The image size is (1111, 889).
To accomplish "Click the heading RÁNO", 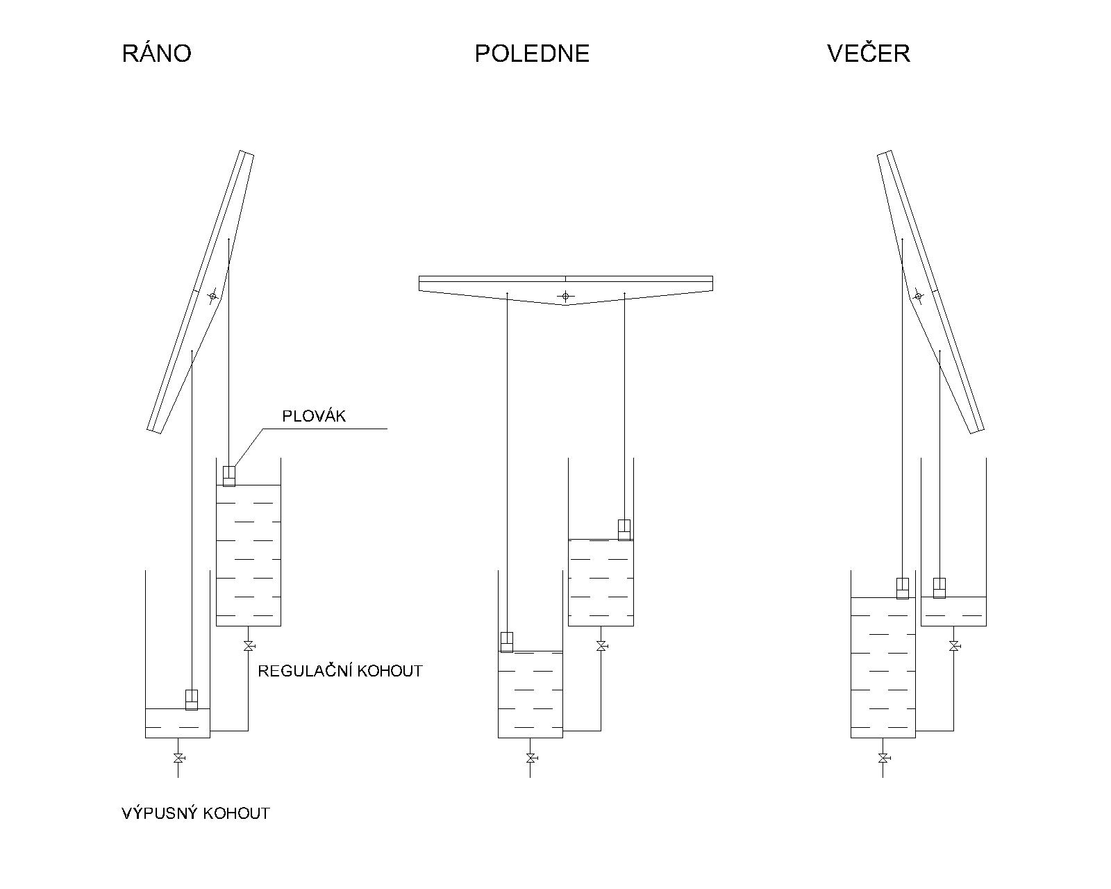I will click(156, 53).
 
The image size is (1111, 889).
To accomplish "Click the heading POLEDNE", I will click(532, 53).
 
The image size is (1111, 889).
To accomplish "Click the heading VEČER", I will click(868, 53).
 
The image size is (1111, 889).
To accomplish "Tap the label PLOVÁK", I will click(313, 416).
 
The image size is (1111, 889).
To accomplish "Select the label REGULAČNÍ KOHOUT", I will click(340, 671).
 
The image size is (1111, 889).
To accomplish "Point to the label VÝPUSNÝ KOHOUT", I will click(195, 813).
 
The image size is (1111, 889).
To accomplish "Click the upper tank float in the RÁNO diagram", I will click(229, 476).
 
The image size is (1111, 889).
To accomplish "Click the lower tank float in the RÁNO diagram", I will click(192, 699).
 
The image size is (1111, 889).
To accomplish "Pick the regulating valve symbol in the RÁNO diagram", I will click(248, 646).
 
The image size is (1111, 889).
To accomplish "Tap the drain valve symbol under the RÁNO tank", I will click(178, 757).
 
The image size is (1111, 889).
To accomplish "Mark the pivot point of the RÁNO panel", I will click(212, 296).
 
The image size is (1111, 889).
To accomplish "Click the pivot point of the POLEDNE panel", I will click(565, 297).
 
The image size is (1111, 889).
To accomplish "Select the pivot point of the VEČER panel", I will click(918, 296).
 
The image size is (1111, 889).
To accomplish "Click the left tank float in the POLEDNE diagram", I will click(507, 642).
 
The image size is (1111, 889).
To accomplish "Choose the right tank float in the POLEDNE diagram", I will click(624, 529).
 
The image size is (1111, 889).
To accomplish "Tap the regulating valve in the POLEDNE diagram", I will click(601, 646).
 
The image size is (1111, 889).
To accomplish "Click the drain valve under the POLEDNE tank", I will click(531, 757).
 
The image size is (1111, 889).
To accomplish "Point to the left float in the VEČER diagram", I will click(902, 588).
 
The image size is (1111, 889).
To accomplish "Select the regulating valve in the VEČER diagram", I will click(954, 646).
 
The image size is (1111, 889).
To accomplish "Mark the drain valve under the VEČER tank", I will click(883, 757).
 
